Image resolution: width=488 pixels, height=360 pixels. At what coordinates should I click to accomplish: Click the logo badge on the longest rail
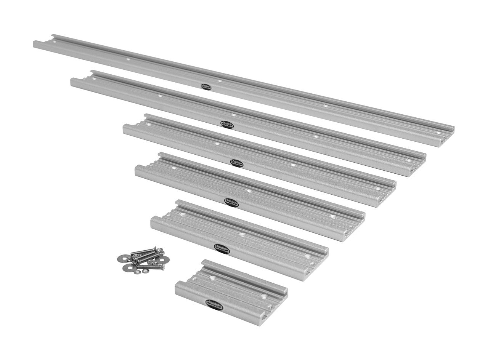coord(206,86)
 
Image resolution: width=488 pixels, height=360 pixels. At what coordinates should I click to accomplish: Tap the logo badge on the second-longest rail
coord(228,124)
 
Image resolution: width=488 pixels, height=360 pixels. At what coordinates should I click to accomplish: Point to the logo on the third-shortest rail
coord(231,202)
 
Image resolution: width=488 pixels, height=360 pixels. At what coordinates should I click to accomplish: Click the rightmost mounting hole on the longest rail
coord(438,133)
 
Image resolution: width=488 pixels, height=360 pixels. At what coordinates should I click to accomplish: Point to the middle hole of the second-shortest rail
coord(242,235)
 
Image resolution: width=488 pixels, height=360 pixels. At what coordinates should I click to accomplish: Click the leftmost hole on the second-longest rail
coord(93,78)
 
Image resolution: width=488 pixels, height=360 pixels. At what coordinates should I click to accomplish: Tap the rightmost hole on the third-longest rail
coord(378,188)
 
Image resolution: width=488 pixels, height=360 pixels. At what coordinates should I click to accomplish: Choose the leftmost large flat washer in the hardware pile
coord(120,258)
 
